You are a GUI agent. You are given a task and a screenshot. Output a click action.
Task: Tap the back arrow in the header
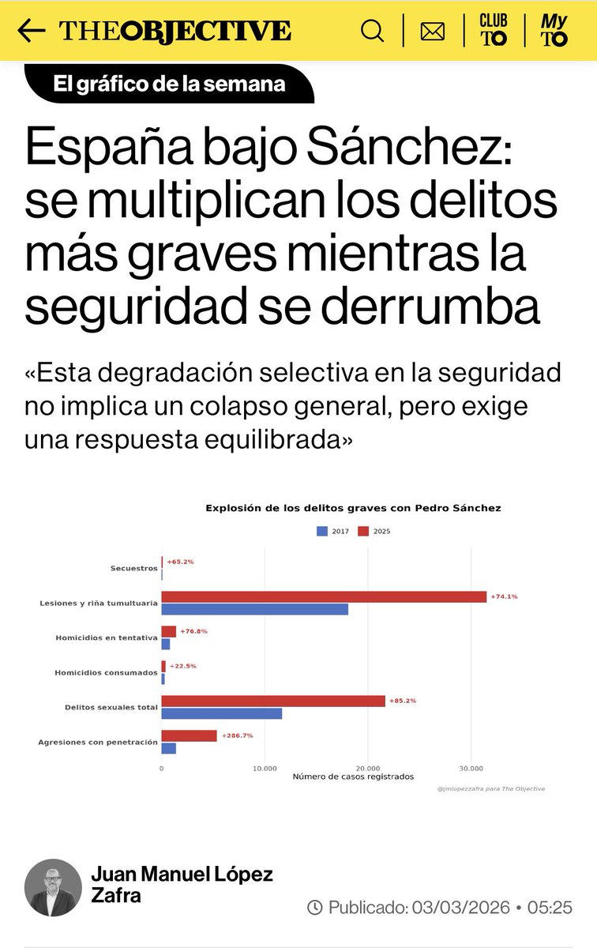[x=31, y=31]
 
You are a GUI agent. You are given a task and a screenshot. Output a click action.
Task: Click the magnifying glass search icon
[x=372, y=31]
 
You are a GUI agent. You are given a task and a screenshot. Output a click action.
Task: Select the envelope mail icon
[x=432, y=32]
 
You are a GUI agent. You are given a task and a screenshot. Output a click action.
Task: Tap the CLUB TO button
[x=494, y=31]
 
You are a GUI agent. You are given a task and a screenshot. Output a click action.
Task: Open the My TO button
[x=554, y=31]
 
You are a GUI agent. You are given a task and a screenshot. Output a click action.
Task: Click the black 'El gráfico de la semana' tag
[x=169, y=84]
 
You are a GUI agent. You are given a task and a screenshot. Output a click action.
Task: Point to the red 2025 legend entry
[x=374, y=532]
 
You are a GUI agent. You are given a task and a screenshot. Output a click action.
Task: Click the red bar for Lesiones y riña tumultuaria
[x=324, y=596]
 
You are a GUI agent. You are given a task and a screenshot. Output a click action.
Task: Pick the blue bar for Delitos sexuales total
[x=222, y=713]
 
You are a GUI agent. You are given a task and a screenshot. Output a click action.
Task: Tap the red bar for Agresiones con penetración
[x=190, y=735]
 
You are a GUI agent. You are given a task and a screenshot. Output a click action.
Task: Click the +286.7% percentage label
[x=237, y=735]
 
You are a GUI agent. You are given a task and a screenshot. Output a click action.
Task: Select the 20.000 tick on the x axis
[x=368, y=767]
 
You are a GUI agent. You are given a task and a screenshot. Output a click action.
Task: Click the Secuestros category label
[x=134, y=568]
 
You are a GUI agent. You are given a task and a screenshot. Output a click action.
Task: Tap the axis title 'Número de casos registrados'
[x=353, y=777]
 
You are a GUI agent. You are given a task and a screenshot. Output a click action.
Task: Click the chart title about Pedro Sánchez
[x=353, y=508]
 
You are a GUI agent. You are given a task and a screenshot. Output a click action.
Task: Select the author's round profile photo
[x=53, y=887]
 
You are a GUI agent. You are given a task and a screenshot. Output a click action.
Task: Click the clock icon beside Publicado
[x=314, y=907]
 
